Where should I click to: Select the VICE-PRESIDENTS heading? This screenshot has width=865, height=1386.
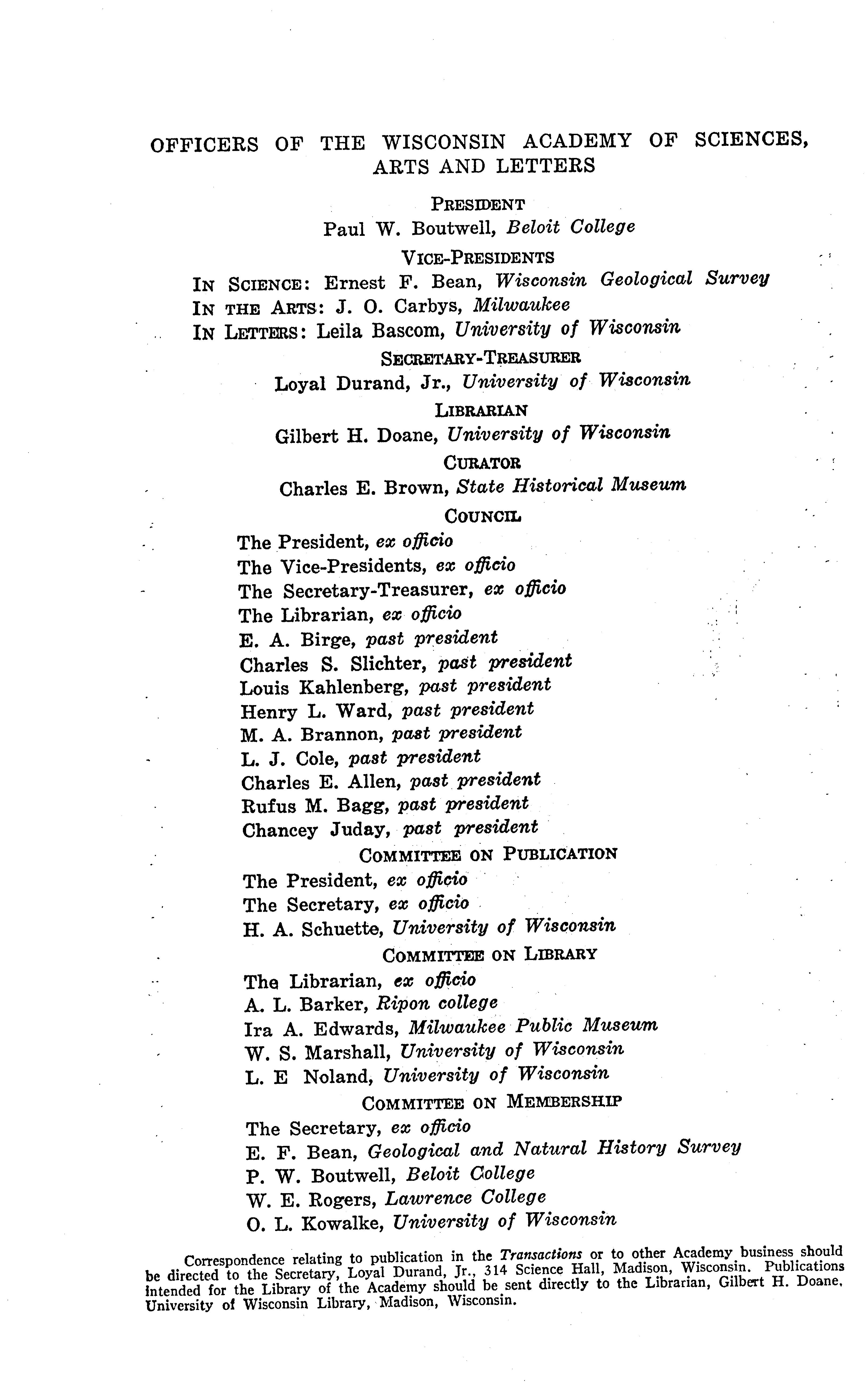coord(478,258)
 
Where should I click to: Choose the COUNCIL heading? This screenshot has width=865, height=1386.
coord(483,516)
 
